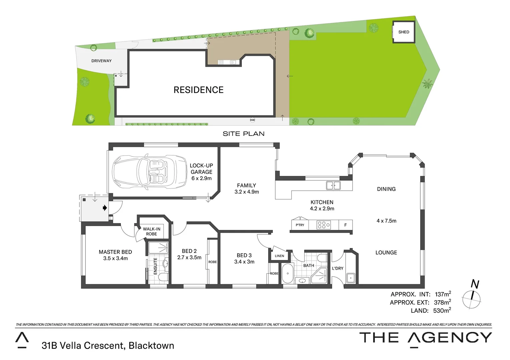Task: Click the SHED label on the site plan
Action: point(404,32)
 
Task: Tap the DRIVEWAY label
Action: point(101,61)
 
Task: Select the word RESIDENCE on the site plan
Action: point(198,90)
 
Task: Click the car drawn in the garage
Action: point(149,172)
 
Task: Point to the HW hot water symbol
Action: point(252,120)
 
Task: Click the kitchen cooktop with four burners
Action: point(324,225)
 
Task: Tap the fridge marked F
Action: point(346,225)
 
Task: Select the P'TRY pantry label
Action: point(300,225)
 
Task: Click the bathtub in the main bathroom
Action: point(288,273)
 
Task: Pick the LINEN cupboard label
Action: point(280,256)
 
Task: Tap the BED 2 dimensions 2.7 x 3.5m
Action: point(189,258)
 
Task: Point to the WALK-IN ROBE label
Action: point(152,231)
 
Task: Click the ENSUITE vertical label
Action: point(155,266)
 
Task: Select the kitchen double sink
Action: point(333,185)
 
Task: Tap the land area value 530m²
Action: point(442,311)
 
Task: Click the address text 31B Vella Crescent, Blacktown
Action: point(108,346)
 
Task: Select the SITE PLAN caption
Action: point(243,134)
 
